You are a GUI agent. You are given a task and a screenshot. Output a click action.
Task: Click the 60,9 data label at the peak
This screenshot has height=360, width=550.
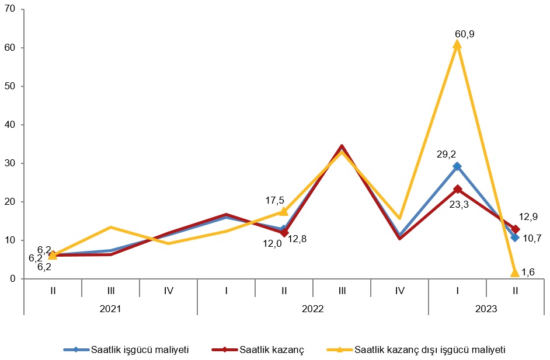point(464,34)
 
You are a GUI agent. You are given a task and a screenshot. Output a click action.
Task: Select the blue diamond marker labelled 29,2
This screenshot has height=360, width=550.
point(457,166)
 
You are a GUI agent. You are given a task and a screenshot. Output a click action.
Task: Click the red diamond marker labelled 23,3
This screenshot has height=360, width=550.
point(457,189)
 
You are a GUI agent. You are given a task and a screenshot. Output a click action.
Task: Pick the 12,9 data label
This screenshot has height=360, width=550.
point(528,216)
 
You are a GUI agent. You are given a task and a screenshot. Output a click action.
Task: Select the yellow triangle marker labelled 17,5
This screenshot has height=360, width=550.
point(284,211)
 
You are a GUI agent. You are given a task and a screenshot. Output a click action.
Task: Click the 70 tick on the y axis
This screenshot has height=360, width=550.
point(11,9)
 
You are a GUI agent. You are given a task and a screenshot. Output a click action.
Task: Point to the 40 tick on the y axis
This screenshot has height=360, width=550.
point(11,125)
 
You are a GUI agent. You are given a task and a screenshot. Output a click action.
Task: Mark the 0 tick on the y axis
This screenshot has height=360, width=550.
point(13,279)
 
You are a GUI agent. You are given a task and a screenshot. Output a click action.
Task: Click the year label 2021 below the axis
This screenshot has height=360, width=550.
point(110,307)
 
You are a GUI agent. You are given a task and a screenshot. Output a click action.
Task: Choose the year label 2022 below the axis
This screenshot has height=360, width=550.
point(313,307)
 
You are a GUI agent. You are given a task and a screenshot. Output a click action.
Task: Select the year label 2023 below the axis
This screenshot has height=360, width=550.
point(486,307)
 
